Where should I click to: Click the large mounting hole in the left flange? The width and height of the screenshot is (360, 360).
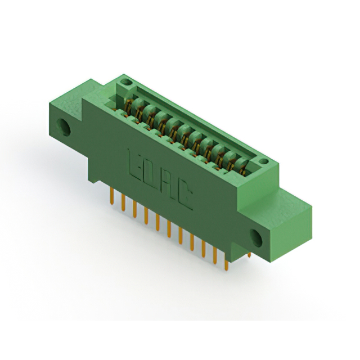(x=64, y=127)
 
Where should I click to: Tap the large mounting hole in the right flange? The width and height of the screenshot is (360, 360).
(x=256, y=238)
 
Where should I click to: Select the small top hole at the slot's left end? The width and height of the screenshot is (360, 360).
(x=126, y=82)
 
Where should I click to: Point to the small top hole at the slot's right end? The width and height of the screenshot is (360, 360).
(x=264, y=161)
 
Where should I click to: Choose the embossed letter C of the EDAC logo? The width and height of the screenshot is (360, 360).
(x=184, y=195)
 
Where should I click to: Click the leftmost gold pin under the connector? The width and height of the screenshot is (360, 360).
(x=112, y=196)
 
